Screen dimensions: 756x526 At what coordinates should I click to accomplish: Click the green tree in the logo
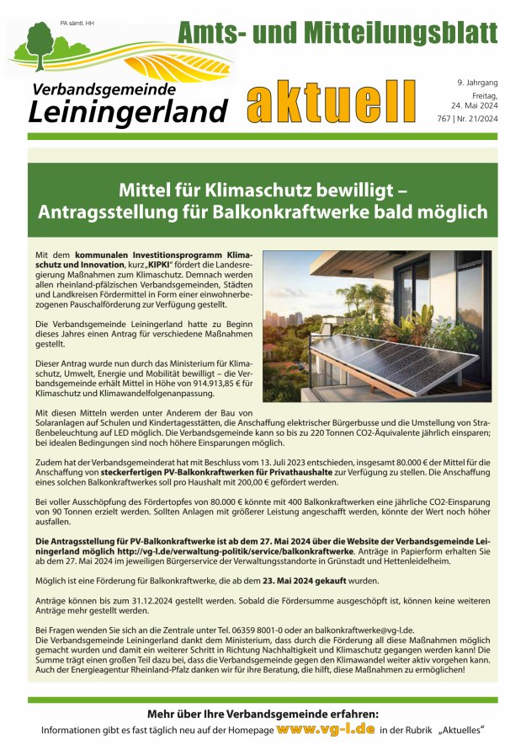[38, 40]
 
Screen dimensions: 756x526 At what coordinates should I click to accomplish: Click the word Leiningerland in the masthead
[129, 110]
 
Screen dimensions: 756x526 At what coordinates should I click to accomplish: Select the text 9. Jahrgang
[478, 83]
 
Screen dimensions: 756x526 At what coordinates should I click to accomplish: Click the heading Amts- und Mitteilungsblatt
[337, 33]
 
